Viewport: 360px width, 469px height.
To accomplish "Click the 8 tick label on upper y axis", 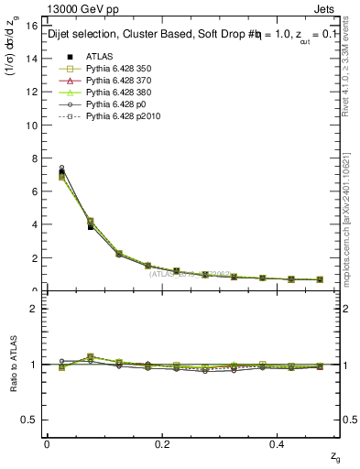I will point(33,158).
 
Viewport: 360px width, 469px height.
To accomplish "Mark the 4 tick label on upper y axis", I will point(33,224).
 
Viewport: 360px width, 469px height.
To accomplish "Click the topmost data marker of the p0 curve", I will point(61,168).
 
